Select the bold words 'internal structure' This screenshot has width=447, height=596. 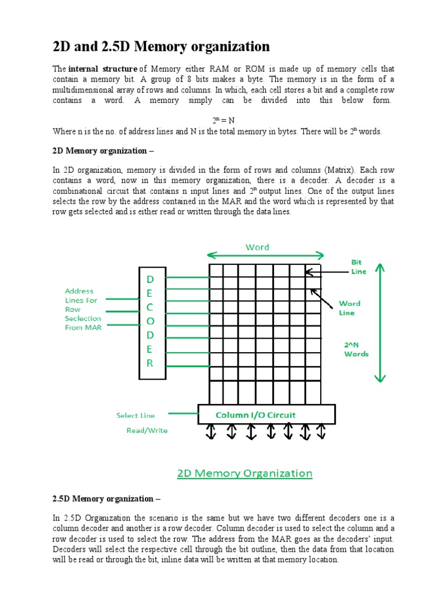click(103, 68)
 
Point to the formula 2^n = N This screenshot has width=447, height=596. click(223, 120)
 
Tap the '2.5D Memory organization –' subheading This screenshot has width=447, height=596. click(106, 499)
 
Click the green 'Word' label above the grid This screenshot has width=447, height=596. click(257, 247)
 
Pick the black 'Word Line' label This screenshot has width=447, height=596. click(349, 308)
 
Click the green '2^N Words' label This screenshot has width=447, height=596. click(356, 349)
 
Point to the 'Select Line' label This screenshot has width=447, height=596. click(135, 415)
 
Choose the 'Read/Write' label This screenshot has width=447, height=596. click(147, 431)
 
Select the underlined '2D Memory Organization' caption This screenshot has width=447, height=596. click(244, 473)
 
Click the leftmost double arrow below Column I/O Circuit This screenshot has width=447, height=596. click(211, 431)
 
